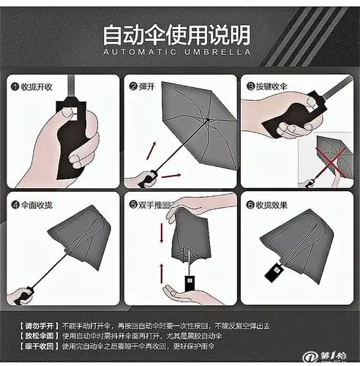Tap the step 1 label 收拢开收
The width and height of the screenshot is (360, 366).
(37, 86)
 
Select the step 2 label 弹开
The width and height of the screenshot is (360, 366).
(147, 86)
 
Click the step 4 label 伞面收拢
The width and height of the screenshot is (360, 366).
(37, 206)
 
